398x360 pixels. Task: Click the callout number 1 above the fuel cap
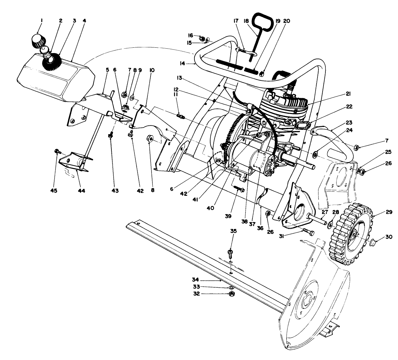click(41, 21)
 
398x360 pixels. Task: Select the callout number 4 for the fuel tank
click(84, 21)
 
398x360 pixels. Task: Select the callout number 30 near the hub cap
click(389, 237)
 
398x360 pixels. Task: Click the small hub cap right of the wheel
click(373, 243)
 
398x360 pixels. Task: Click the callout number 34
click(196, 279)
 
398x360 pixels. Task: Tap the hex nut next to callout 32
click(231, 294)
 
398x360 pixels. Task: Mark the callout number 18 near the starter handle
click(246, 21)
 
